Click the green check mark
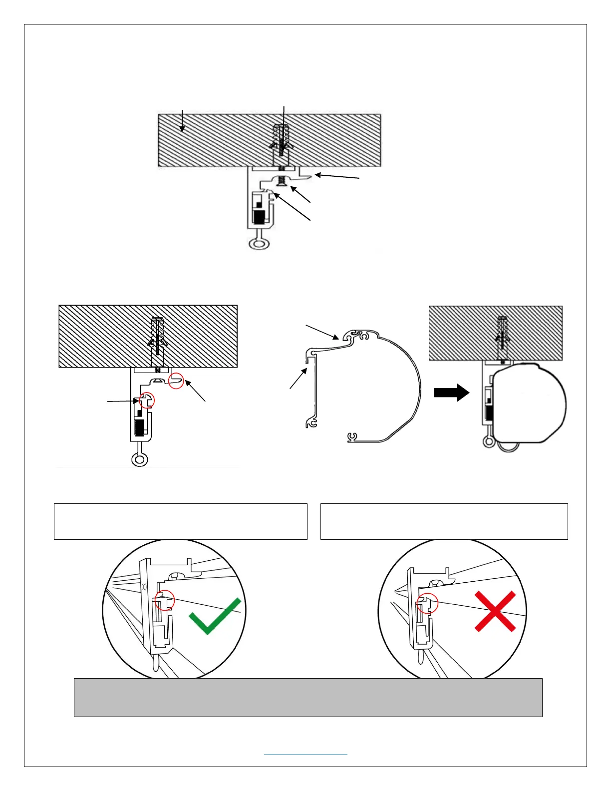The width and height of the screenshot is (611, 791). (x=215, y=617)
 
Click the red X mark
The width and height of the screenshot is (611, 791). (x=495, y=611)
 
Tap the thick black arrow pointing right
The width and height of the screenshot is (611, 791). (x=451, y=393)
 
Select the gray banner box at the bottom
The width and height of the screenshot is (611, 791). (x=308, y=697)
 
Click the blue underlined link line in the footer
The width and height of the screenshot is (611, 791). (x=305, y=755)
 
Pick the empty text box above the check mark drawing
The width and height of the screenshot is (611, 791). (x=180, y=521)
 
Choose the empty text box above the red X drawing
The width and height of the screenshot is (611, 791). (x=444, y=521)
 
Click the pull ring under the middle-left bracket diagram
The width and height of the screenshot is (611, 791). (x=139, y=459)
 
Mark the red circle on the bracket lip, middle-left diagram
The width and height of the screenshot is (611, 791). (x=176, y=381)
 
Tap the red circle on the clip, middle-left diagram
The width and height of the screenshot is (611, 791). (x=147, y=400)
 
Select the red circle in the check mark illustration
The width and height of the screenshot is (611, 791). (x=165, y=600)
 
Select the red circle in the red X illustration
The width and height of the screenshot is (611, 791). (x=428, y=603)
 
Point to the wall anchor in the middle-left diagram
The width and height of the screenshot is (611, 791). (x=158, y=337)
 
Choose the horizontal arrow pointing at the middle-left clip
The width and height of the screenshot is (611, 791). (x=122, y=400)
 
